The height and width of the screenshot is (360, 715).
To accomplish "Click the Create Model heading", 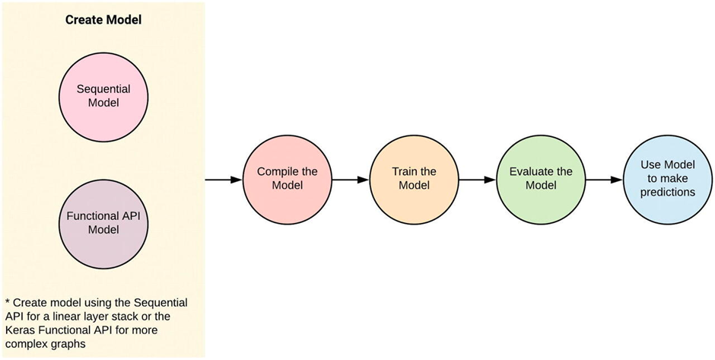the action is (103, 20).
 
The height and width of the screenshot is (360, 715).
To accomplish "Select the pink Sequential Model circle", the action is (104, 96).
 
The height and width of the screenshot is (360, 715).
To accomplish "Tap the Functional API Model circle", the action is (104, 223).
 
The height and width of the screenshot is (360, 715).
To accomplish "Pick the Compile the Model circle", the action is (288, 180).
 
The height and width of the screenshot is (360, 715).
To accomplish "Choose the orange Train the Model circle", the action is (414, 180).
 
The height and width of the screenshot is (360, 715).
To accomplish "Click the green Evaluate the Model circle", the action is (541, 180).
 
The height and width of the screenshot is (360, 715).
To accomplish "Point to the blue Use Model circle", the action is (668, 180).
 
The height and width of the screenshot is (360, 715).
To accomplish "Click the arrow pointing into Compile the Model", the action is (224, 180).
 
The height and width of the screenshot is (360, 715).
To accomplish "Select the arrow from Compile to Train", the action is (351, 180).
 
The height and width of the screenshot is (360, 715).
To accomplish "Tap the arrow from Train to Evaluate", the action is (478, 180).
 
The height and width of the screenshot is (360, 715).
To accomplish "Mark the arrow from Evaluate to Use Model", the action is (604, 180).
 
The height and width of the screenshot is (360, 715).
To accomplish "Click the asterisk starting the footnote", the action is (8, 301).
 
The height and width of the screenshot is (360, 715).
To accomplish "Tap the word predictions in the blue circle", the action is (668, 192).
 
